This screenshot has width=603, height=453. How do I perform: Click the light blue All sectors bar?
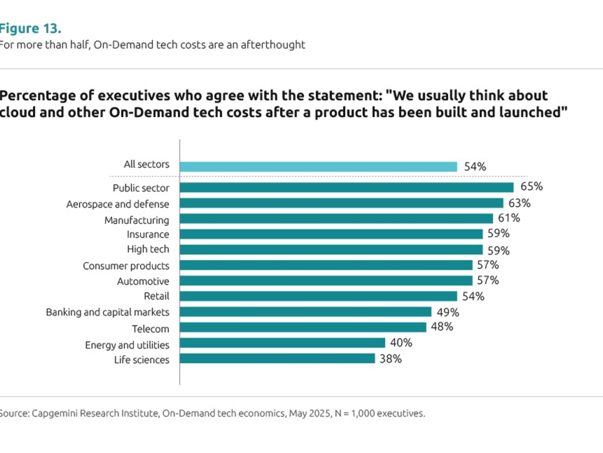click(318, 167)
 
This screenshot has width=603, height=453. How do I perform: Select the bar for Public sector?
click(347, 187)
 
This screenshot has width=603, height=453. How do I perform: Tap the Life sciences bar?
click(277, 358)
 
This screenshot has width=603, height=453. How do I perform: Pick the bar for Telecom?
click(303, 327)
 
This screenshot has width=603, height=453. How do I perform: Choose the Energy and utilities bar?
click(282, 343)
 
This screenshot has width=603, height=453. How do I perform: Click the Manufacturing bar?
click(336, 218)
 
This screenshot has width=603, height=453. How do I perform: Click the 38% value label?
click(390, 359)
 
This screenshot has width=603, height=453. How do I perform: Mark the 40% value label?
click(401, 343)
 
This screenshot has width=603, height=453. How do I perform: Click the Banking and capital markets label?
click(108, 312)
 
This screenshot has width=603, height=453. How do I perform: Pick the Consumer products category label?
click(126, 266)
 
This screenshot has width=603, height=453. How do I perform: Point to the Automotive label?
click(143, 281)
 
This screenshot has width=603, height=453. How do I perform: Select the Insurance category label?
click(148, 234)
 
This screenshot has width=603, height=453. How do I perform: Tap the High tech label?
click(148, 249)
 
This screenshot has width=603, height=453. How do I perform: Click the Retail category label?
click(157, 296)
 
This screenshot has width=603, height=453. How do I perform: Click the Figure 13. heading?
click(30, 28)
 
